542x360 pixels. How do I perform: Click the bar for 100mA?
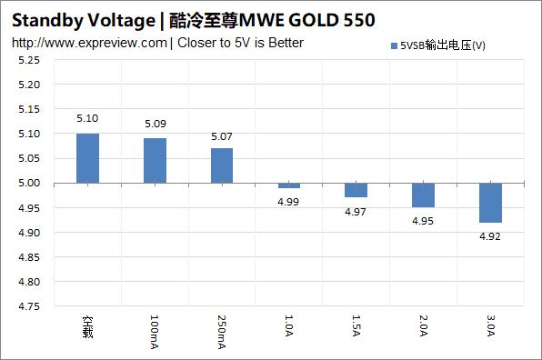click(155, 160)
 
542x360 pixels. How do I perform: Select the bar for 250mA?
click(222, 165)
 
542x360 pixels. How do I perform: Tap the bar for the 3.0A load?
click(490, 202)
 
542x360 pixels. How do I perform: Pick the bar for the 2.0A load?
click(423, 195)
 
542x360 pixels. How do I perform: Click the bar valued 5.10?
click(88, 158)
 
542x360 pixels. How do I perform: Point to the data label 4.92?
click(490, 236)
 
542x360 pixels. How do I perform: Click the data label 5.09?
click(155, 124)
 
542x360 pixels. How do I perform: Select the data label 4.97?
click(356, 212)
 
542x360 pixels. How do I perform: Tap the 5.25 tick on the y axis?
click(30, 61)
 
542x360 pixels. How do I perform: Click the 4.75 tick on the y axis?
click(30, 306)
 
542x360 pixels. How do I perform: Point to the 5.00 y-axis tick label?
click(30, 184)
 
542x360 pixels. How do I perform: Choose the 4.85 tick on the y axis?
click(30, 257)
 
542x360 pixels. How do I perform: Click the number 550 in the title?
click(355, 20)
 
